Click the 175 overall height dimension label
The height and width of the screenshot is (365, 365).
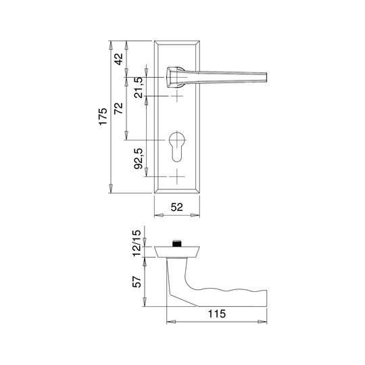click(103, 117)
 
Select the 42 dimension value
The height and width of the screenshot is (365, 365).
click(118, 59)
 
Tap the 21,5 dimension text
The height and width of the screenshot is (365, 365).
click(139, 87)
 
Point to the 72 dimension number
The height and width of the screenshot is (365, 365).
click(118, 108)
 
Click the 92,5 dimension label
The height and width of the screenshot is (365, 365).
click(139, 159)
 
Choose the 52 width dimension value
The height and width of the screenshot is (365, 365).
click(177, 207)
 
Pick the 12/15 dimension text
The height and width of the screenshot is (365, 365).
click(137, 243)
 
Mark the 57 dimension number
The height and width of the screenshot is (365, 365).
click(137, 282)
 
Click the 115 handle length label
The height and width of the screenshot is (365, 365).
click(217, 314)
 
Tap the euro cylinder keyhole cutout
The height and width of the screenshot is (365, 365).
click(177, 147)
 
